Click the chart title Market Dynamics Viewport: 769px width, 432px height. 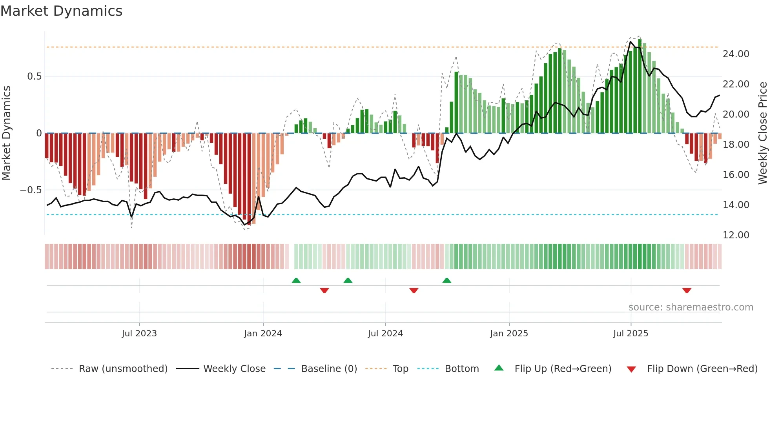(x=62, y=11)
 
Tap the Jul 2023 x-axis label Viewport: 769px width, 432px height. (x=139, y=334)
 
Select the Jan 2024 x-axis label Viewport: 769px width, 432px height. (x=263, y=334)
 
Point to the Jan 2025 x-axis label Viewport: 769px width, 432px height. (x=509, y=334)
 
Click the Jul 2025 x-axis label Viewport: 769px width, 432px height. (x=631, y=334)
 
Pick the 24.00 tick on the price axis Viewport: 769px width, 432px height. (x=736, y=54)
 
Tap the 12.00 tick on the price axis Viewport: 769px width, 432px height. (x=736, y=235)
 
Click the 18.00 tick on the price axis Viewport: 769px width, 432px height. (x=736, y=145)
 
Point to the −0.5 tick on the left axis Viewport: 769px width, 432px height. (x=31, y=190)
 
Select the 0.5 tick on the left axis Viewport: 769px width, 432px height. (x=34, y=76)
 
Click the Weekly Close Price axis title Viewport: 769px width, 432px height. (x=762, y=133)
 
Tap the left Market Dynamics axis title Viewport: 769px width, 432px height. (x=6, y=133)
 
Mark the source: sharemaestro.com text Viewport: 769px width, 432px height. (x=691, y=307)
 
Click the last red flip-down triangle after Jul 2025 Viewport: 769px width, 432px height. (x=687, y=290)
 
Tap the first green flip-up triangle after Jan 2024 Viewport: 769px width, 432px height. (x=296, y=280)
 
